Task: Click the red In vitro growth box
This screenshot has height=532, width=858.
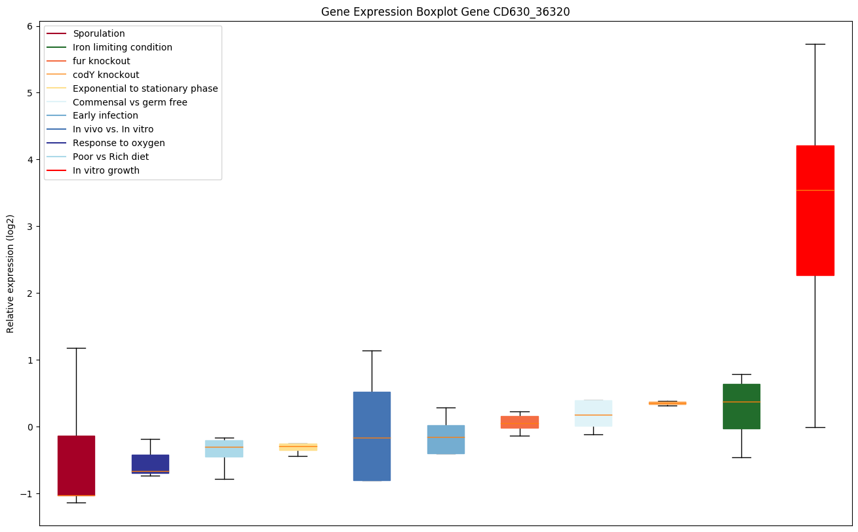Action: tap(815, 210)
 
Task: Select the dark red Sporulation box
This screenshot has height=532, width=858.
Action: tap(76, 465)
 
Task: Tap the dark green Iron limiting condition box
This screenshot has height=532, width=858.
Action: tap(741, 406)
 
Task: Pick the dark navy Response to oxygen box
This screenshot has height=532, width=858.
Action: tap(150, 463)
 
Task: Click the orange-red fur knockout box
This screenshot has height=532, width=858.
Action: tap(520, 422)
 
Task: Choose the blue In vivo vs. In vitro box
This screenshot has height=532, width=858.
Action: tap(372, 436)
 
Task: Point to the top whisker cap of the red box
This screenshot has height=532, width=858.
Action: tap(815, 44)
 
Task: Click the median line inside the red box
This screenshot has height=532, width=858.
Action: tap(815, 190)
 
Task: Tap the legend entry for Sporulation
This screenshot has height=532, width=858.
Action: tap(99, 33)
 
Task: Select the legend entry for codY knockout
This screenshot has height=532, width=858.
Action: tap(106, 75)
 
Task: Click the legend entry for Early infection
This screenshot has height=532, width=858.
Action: tap(106, 116)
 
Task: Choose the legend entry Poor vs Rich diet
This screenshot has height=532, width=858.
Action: tap(111, 157)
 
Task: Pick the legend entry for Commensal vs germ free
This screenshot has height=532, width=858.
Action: tap(130, 102)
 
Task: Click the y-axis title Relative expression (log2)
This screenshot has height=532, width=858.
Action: tap(10, 273)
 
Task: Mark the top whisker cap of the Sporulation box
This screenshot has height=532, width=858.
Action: tap(76, 348)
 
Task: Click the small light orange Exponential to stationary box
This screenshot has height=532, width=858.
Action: tap(298, 447)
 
